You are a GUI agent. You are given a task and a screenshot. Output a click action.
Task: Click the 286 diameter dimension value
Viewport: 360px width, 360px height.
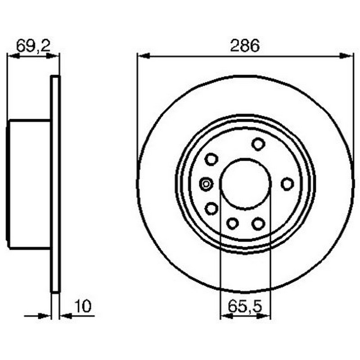coord(245,46)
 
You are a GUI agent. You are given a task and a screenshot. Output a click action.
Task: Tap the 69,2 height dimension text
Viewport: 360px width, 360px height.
coord(33,45)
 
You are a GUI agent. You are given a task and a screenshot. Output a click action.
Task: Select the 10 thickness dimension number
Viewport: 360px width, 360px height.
coord(83,306)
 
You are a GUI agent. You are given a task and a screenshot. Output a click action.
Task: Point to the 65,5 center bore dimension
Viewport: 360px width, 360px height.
coord(245,306)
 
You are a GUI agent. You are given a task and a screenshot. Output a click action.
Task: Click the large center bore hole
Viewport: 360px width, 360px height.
coord(245,184)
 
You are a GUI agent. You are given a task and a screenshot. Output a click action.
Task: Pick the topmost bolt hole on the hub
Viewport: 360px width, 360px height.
coord(258,144)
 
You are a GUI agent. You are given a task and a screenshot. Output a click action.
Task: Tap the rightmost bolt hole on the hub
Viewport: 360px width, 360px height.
coord(288,184)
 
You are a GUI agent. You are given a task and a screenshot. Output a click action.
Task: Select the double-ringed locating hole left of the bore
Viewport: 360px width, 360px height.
coord(206,184)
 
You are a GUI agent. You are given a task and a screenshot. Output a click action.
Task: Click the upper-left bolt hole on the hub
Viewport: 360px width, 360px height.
coord(211,159)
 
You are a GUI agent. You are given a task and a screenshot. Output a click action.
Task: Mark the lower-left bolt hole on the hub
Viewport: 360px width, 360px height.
coord(211,209)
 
